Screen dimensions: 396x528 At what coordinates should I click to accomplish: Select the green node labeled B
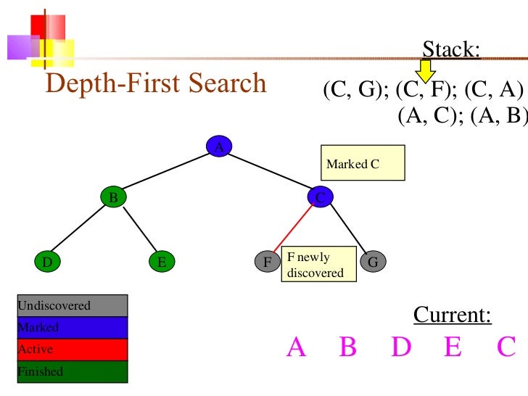(114, 197)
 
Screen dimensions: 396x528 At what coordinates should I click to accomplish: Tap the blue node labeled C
(320, 197)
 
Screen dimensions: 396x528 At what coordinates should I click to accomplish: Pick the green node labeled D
(47, 262)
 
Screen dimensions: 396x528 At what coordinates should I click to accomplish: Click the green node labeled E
(162, 262)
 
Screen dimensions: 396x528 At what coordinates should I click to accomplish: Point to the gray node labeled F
(268, 262)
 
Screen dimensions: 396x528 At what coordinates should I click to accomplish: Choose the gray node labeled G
(373, 262)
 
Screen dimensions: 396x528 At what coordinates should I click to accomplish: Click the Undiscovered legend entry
(72, 305)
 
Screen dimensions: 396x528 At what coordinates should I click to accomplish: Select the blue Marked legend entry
(72, 327)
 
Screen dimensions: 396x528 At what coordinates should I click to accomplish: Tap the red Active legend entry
(72, 349)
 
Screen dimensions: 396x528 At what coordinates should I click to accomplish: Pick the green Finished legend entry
(72, 371)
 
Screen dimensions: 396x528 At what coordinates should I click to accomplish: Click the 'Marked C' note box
(362, 164)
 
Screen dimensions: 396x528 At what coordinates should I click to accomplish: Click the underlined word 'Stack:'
(451, 50)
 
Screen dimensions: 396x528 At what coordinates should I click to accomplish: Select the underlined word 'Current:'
(452, 315)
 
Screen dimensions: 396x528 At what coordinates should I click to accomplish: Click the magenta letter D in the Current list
(401, 348)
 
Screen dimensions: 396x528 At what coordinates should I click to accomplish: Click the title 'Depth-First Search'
(156, 84)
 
